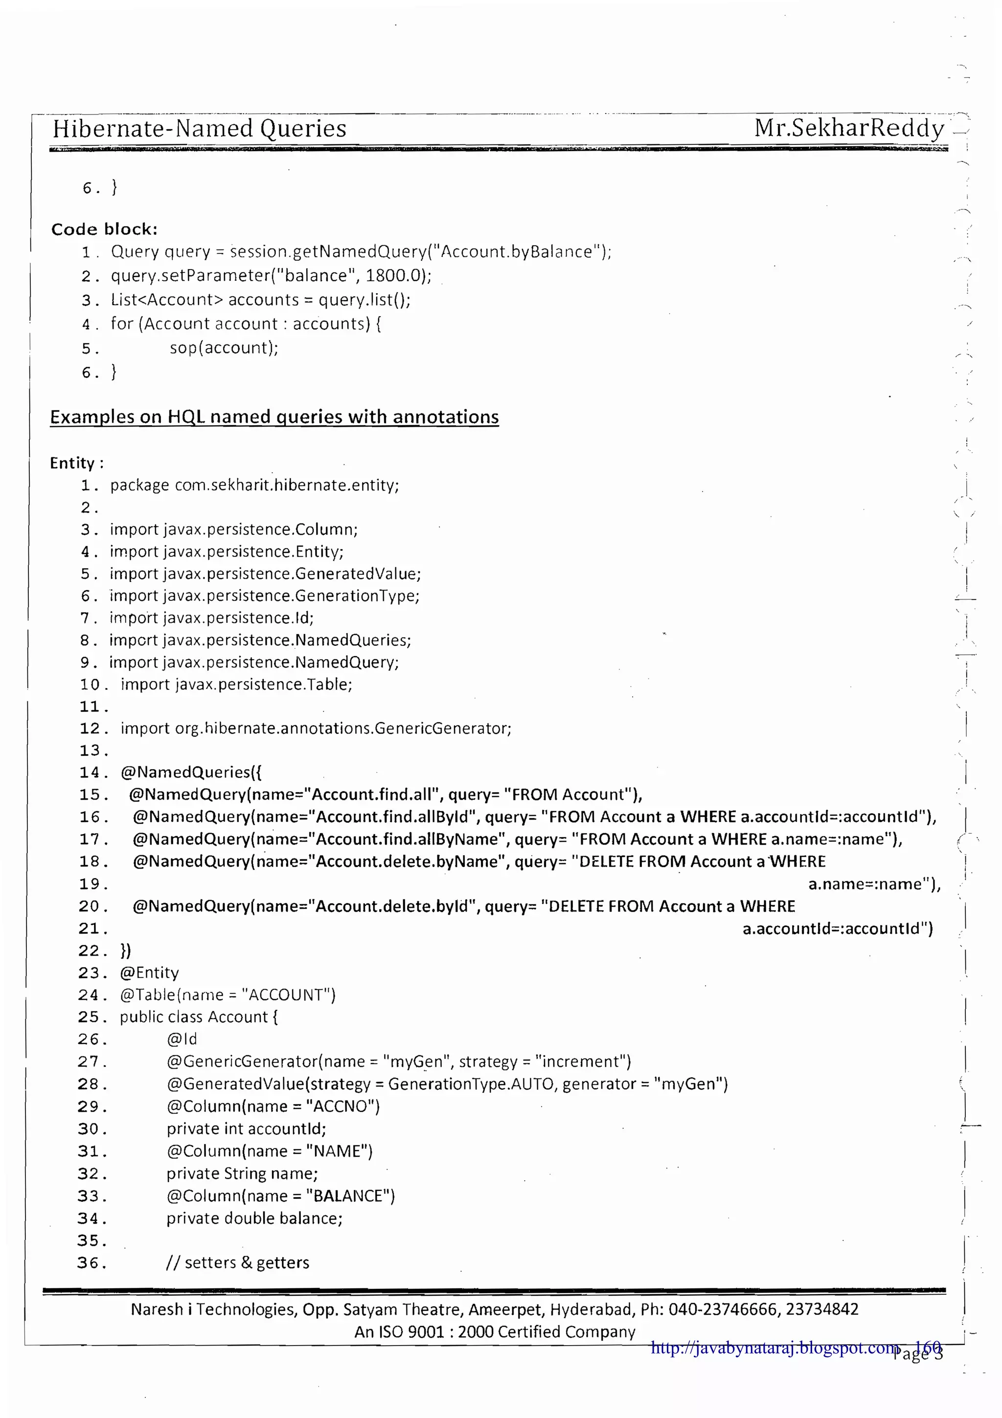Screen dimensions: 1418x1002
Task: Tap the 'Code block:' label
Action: pos(104,229)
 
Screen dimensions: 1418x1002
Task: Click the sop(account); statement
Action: pos(224,348)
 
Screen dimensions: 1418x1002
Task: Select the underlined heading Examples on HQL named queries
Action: pos(274,417)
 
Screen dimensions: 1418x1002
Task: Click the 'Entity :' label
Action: pos(76,463)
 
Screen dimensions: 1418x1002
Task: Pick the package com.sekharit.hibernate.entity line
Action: pos(254,485)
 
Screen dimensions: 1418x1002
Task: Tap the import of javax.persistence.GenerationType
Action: pos(264,596)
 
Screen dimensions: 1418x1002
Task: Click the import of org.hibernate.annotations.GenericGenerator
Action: pos(316,729)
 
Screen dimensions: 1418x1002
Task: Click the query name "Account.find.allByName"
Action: pos(408,839)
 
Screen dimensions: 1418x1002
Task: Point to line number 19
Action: pos(92,884)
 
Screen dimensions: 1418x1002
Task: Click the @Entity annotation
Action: pos(149,973)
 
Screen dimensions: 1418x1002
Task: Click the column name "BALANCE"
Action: pos(349,1196)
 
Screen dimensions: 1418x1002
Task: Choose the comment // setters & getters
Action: pos(238,1263)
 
